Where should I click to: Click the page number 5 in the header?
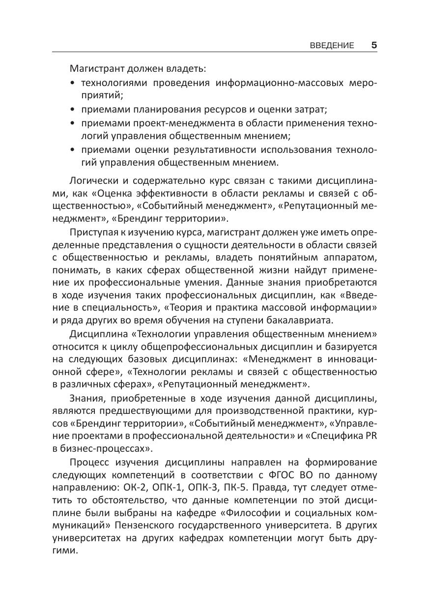tap(374, 45)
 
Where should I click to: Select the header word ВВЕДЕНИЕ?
tap(332, 46)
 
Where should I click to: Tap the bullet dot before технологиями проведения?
tap(73, 84)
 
